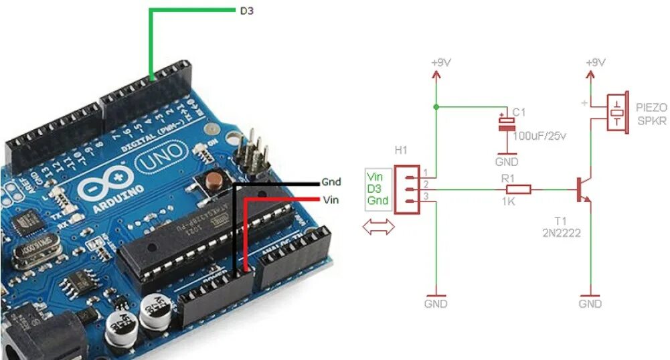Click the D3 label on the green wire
coord(247,11)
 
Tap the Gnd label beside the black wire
coord(331,182)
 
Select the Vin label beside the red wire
coord(331,199)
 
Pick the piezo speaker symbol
coord(616,113)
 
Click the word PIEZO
coord(651,107)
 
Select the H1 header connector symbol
coord(406,189)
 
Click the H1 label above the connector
coord(401,151)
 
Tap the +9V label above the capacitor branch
coord(440,62)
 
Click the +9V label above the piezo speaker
coord(595,62)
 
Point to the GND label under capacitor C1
coord(507,162)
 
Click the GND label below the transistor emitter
coord(590,304)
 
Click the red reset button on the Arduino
coord(215,179)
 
